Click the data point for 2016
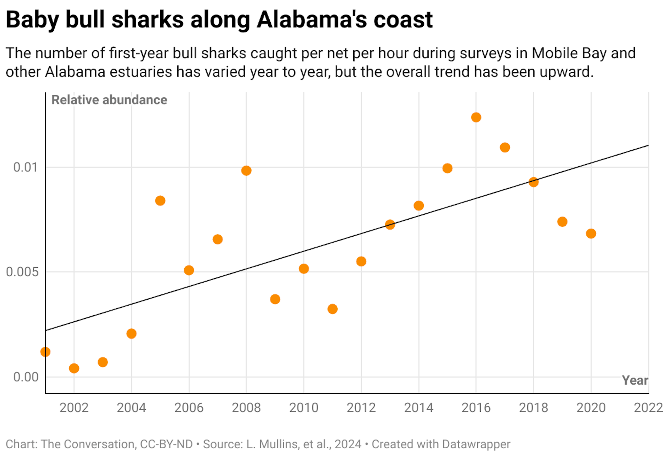(476, 117)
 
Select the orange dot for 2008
(246, 171)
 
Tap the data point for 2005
(160, 200)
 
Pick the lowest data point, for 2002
(74, 368)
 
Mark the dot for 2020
(591, 233)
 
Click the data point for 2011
(332, 309)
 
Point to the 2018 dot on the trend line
(533, 182)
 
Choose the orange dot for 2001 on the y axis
(45, 352)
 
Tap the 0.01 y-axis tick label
(25, 167)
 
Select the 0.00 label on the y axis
(26, 377)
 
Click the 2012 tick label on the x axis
(361, 408)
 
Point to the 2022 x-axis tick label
(648, 408)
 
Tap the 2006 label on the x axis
(189, 408)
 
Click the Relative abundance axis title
(109, 100)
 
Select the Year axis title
(635, 380)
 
